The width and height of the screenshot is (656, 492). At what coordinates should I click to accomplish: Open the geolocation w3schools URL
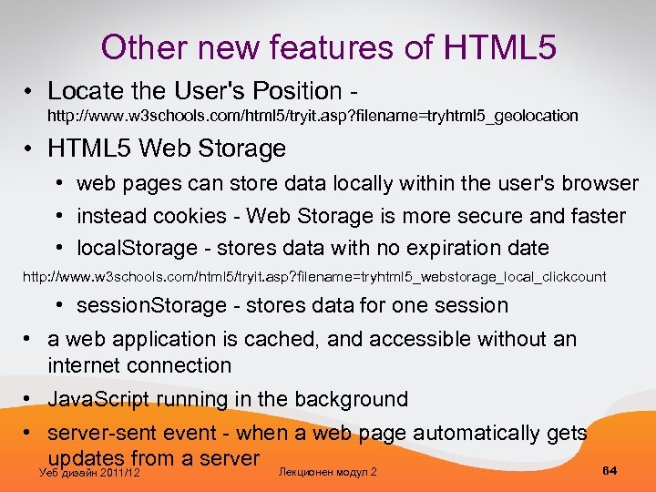[313, 116]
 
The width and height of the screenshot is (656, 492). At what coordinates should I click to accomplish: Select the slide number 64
[610, 470]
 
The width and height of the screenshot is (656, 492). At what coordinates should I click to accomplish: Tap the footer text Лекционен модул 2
[328, 471]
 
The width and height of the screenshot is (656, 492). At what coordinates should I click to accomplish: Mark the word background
[350, 399]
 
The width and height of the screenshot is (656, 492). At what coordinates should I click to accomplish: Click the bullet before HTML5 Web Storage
[31, 148]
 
